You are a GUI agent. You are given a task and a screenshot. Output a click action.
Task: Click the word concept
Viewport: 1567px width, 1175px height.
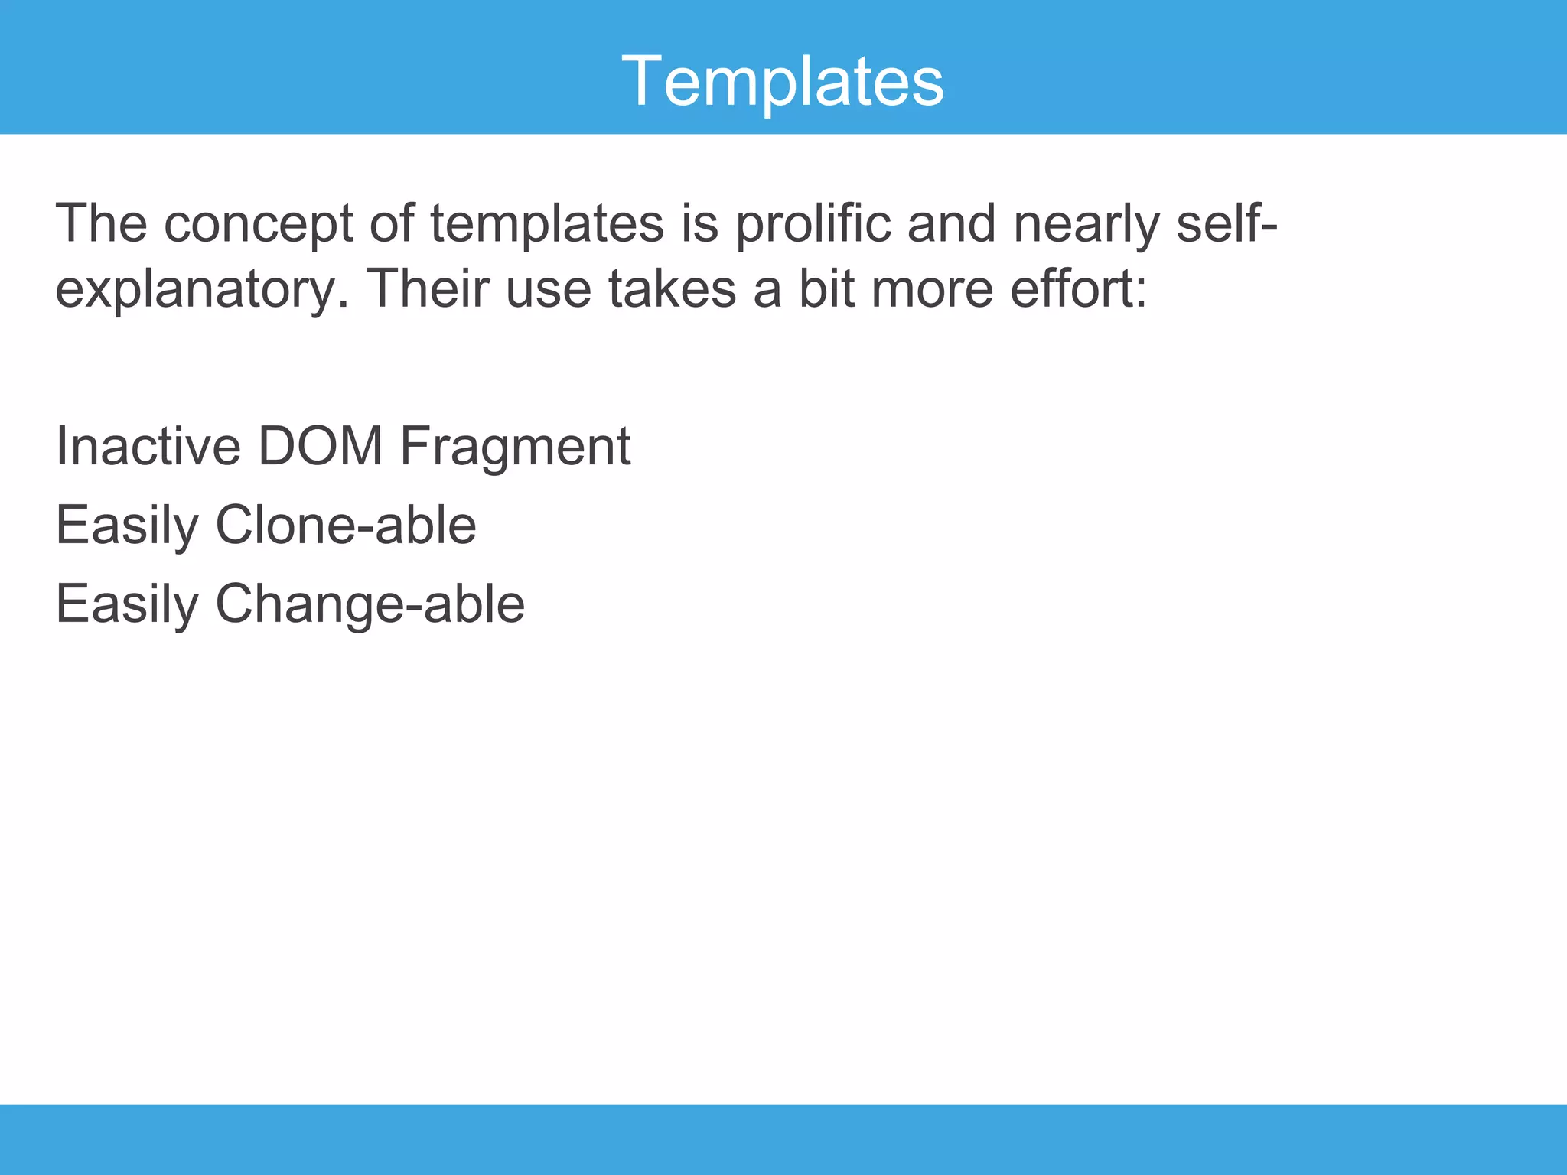point(258,225)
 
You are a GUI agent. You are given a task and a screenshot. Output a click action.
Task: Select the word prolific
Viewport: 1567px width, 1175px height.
point(813,225)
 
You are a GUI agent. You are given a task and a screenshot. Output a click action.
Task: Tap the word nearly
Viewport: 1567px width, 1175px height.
point(1086,225)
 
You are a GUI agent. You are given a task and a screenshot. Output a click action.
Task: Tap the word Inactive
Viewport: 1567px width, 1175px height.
point(148,446)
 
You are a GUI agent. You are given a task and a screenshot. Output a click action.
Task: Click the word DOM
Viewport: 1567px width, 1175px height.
point(320,446)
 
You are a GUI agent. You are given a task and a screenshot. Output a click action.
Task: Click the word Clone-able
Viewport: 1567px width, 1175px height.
point(345,526)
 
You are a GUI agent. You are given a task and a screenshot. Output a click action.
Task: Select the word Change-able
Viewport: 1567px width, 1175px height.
point(370,605)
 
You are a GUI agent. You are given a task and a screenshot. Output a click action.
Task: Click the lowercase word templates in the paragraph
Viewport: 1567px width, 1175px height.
point(546,225)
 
